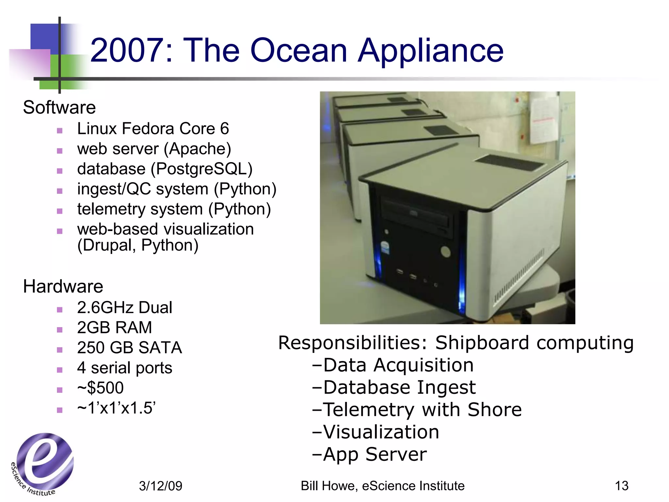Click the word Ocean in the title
coord(299,51)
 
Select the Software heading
coord(59,108)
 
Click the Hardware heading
coord(63,287)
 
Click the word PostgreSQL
coord(202,169)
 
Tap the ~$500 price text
coord(100,388)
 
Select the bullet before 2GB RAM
coord(59,330)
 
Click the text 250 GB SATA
coord(129,348)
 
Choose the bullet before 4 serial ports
coord(59,370)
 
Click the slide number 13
coord(621,486)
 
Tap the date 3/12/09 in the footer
coord(160,486)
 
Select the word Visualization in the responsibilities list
coord(381,432)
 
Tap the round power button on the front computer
coord(446,252)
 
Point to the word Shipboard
coord(482,343)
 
